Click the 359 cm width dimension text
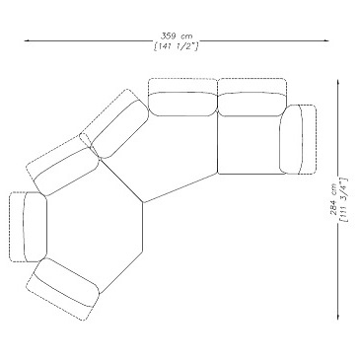pyautogui.click(x=177, y=36)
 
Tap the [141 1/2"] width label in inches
pyautogui.click(x=177, y=46)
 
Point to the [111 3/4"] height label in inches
pyautogui.click(x=344, y=200)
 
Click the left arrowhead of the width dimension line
pyautogui.click(x=28, y=40)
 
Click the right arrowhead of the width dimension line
pyautogui.click(x=325, y=40)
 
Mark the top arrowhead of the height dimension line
pyautogui.click(x=337, y=82)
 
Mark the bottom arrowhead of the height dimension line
pyautogui.click(x=337, y=316)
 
